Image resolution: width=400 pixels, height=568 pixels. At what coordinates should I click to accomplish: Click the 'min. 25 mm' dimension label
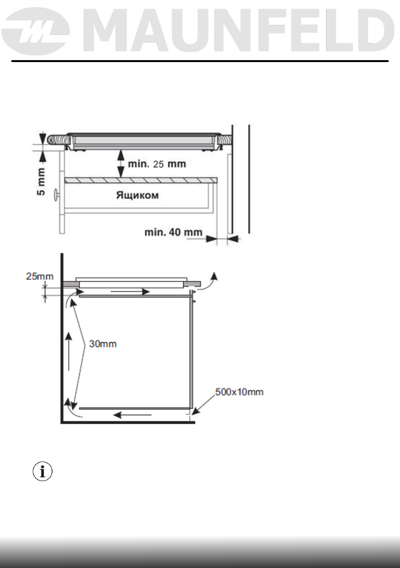(156, 164)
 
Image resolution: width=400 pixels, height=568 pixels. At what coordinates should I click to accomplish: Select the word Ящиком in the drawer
(137, 196)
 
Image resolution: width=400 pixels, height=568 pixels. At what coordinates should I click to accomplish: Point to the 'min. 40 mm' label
(173, 232)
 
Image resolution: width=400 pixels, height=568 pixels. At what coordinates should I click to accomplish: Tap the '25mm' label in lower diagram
(40, 276)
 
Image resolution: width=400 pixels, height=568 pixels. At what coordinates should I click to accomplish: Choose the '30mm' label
(103, 344)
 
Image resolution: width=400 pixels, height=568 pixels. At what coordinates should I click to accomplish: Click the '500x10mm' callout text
(239, 392)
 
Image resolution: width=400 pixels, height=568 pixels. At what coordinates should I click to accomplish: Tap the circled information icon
(42, 472)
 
